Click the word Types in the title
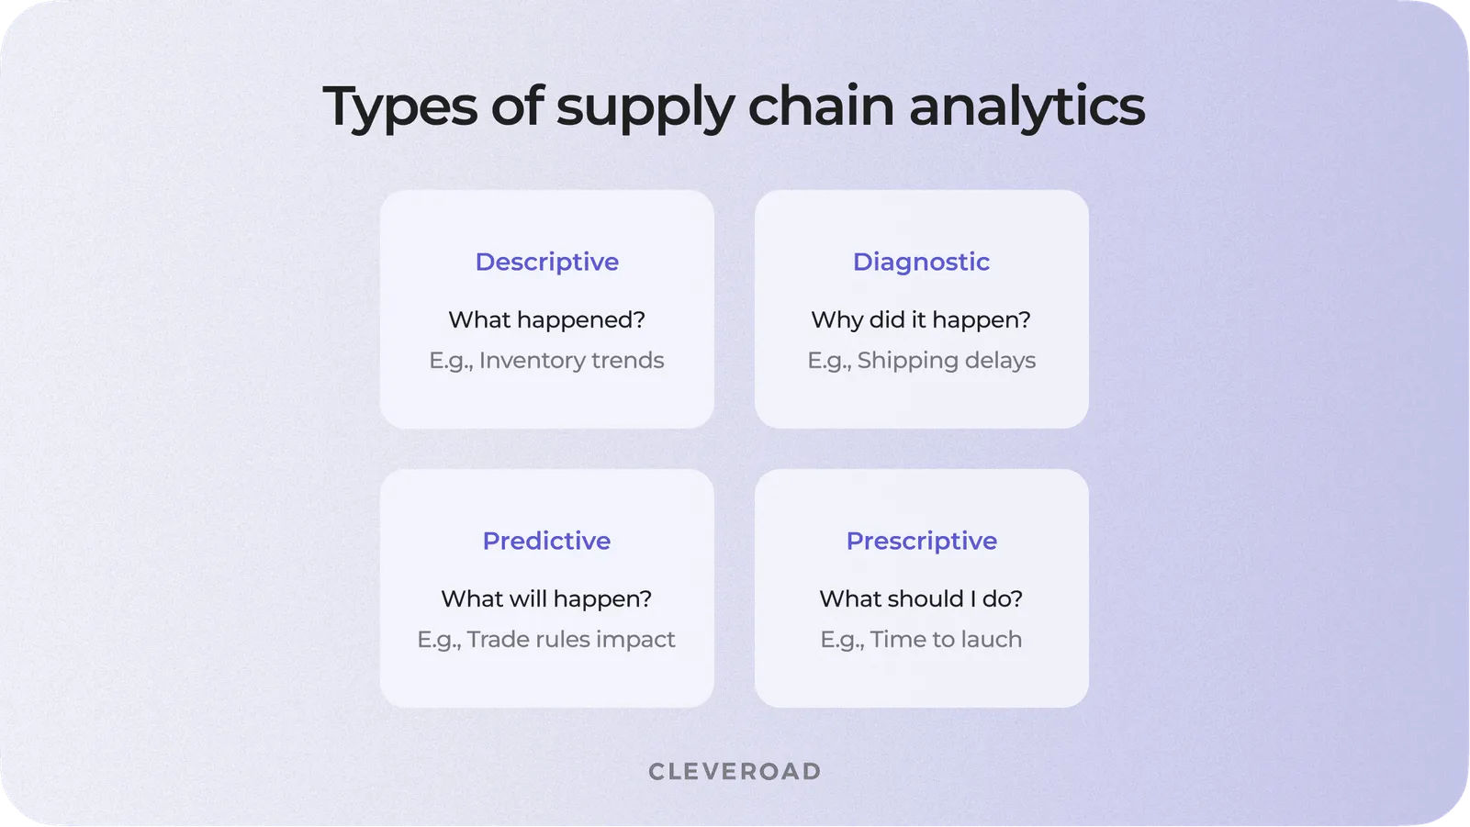(399, 107)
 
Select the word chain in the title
(820, 106)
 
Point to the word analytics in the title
(1027, 107)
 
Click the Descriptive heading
(546, 263)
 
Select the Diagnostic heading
(921, 263)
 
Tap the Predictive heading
(546, 542)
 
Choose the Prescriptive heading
(921, 542)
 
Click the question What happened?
(546, 320)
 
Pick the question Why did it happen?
(921, 320)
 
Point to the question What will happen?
(546, 599)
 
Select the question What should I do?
(921, 599)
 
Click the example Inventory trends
(570, 361)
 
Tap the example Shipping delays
(946, 361)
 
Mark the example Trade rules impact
(570, 640)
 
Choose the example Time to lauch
(946, 640)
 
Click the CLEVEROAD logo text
(735, 772)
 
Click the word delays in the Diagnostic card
(1000, 361)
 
